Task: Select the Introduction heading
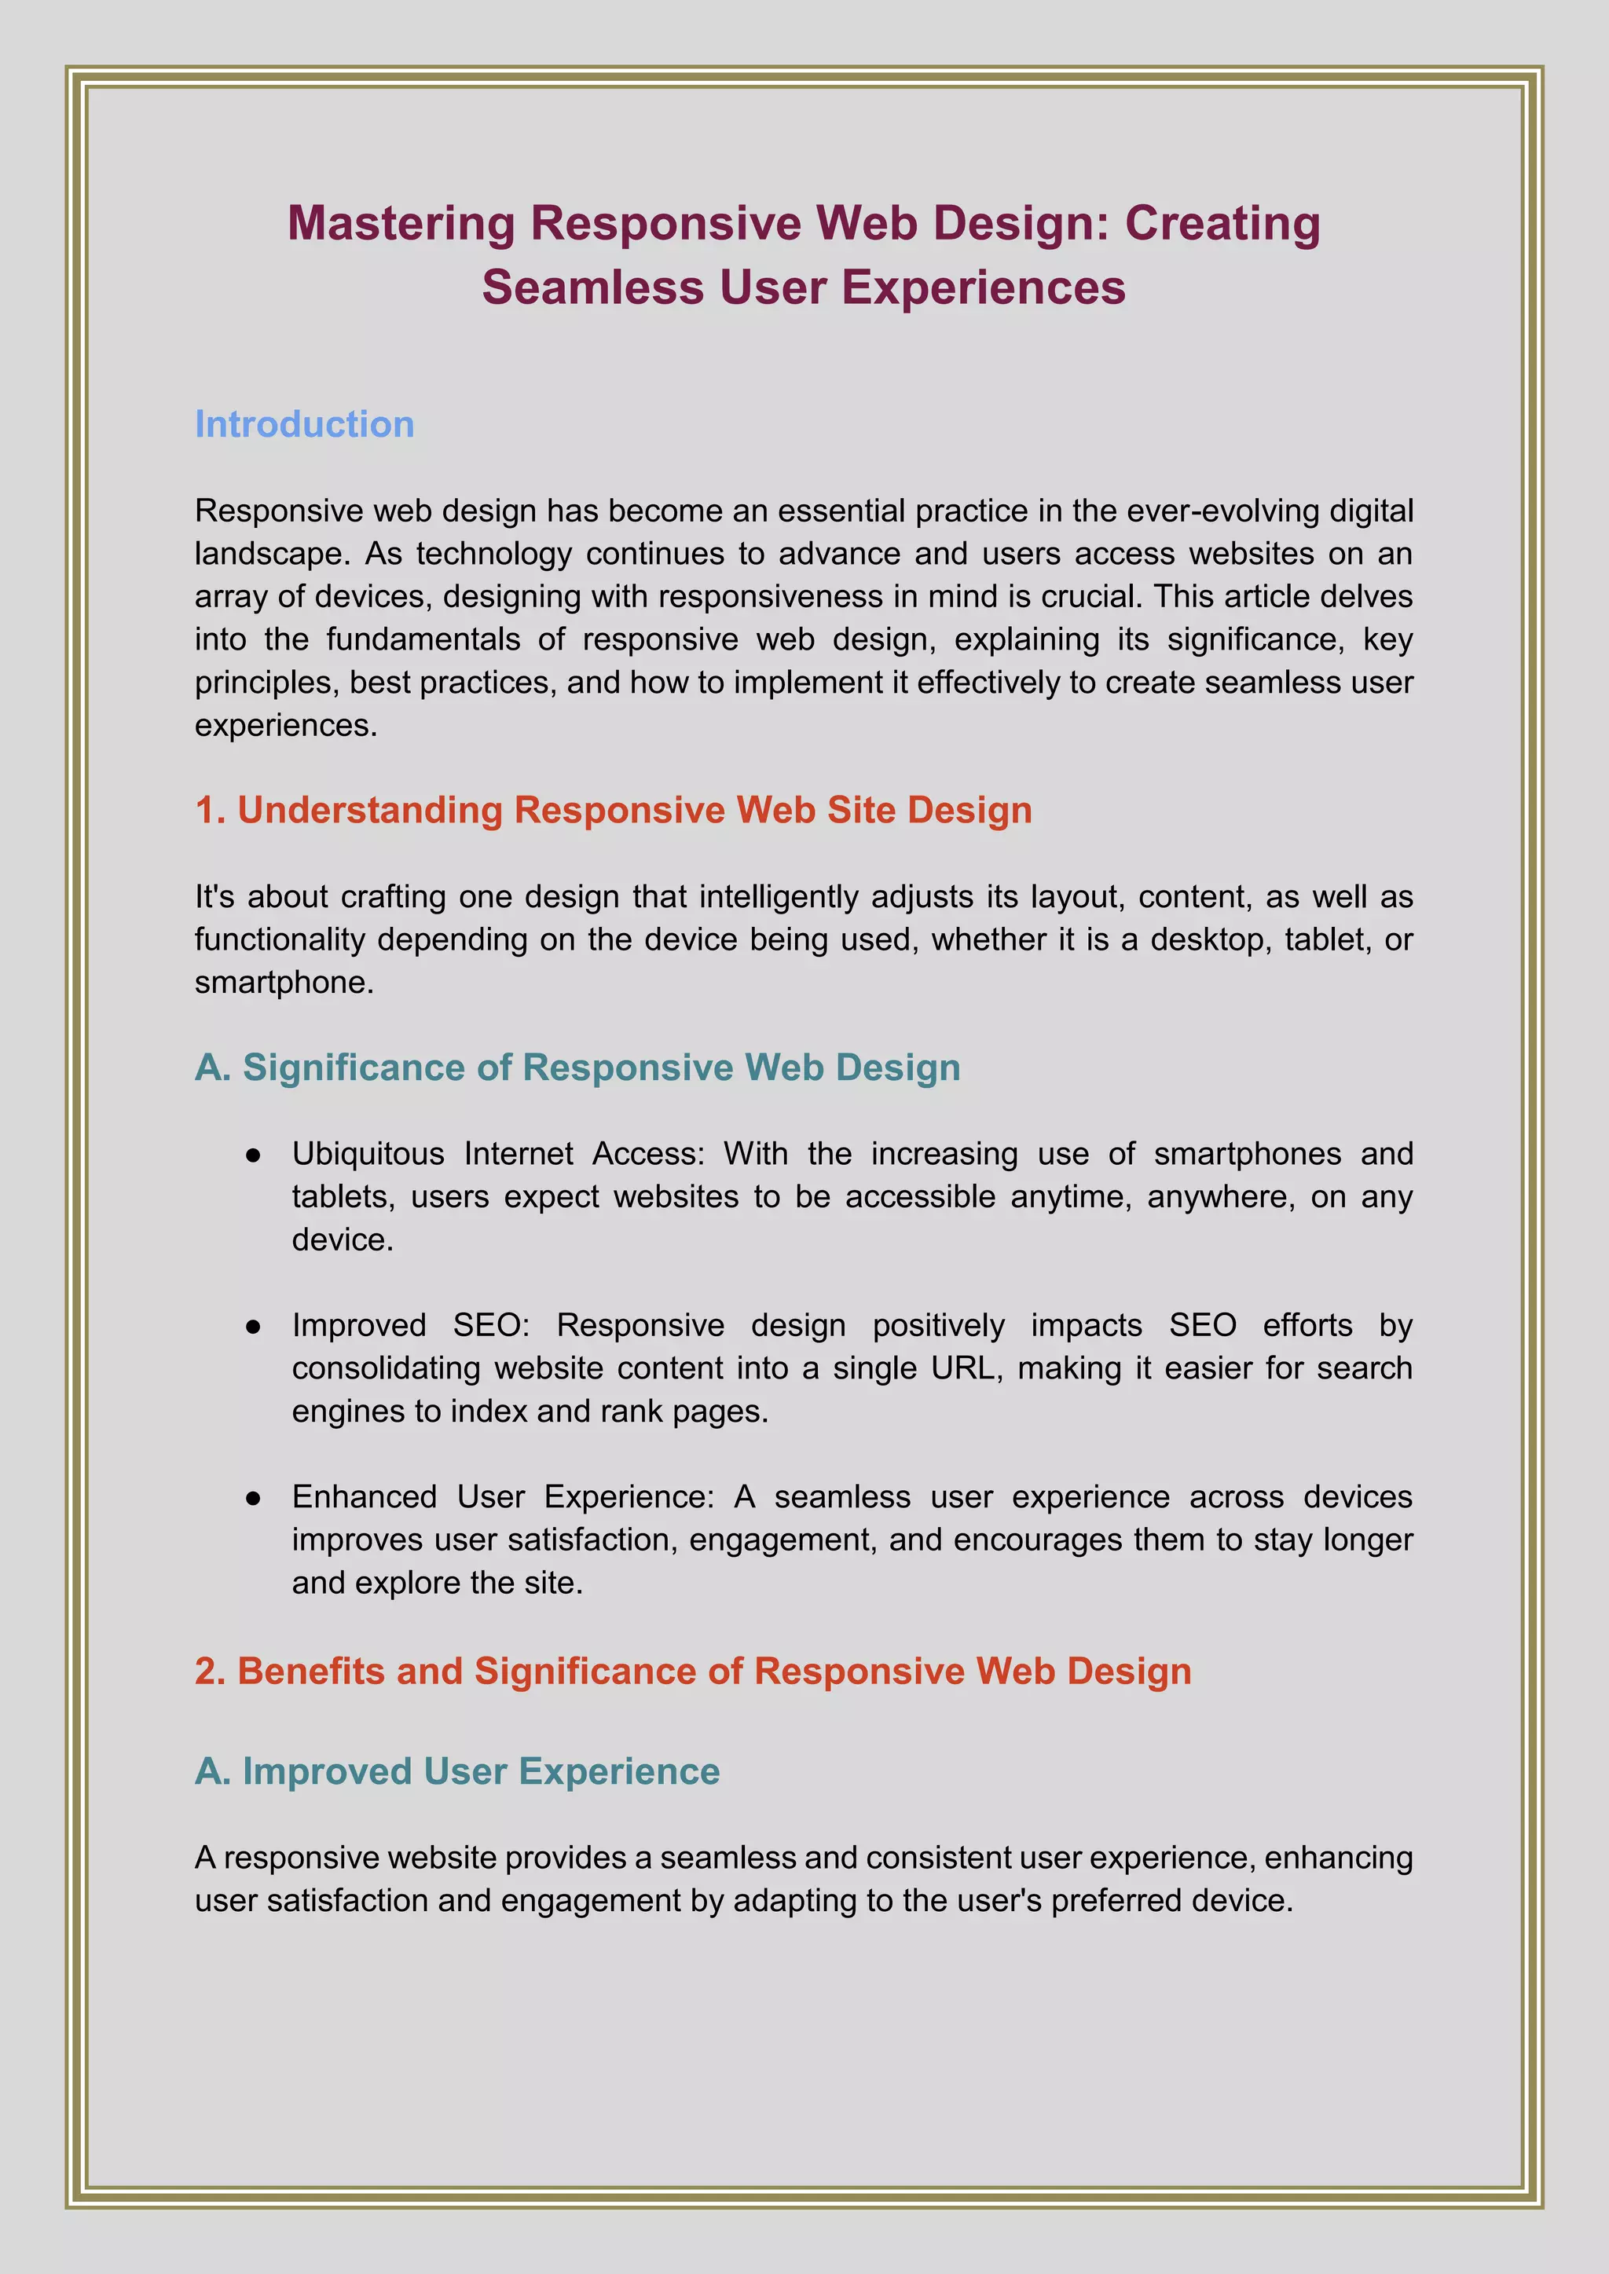(304, 424)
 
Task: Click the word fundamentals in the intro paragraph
(423, 640)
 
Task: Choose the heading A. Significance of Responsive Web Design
(577, 1067)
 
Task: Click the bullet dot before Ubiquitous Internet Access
(254, 1155)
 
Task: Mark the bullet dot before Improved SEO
(254, 1326)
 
